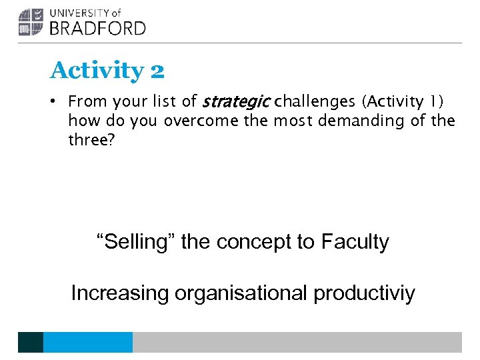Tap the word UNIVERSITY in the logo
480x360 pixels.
(x=80, y=13)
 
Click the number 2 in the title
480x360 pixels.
(x=157, y=71)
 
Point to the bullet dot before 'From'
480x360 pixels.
(x=59, y=102)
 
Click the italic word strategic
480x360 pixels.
(x=236, y=102)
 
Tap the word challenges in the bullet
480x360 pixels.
(x=315, y=102)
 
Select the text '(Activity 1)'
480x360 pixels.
(x=403, y=102)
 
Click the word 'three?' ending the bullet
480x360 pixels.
(x=90, y=141)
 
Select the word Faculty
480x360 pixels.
(x=355, y=241)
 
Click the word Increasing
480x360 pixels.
(x=119, y=293)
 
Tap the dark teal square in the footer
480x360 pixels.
(x=31, y=342)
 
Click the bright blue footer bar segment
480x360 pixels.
(x=88, y=342)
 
